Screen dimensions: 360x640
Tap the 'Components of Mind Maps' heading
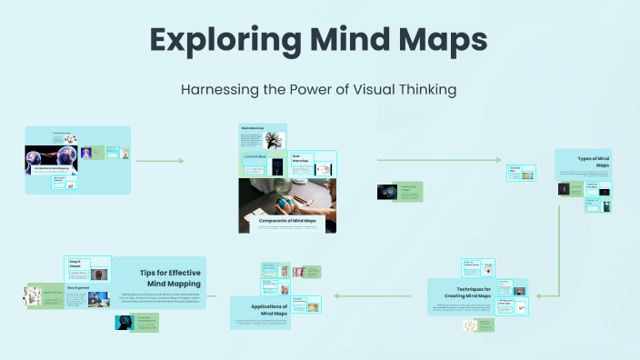tap(287, 220)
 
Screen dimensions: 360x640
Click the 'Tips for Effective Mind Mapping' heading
tap(170, 277)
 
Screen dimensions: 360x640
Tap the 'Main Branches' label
tap(253, 129)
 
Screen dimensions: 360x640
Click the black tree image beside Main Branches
tap(275, 140)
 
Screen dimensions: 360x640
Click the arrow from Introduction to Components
tap(160, 161)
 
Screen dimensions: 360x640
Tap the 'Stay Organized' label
tap(78, 285)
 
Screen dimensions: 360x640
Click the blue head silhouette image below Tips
tap(125, 323)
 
